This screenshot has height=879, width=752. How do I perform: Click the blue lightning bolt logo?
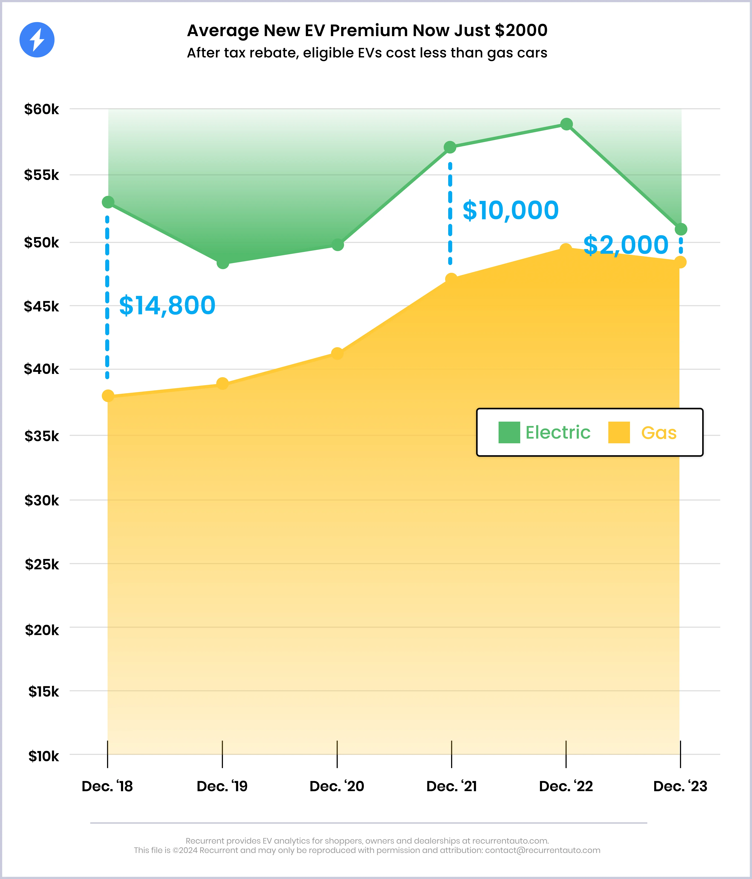[x=37, y=40]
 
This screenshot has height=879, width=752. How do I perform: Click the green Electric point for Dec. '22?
[x=566, y=124]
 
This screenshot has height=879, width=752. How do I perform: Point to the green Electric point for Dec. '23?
[x=681, y=229]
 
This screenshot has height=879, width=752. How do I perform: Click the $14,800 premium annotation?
[x=167, y=305]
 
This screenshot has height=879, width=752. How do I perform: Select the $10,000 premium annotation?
[x=510, y=210]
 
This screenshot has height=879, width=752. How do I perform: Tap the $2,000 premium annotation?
[x=626, y=245]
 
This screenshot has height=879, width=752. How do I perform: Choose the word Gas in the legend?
[x=659, y=433]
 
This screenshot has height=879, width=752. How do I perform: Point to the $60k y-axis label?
[x=42, y=109]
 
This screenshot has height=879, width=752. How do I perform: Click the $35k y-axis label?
[x=42, y=436]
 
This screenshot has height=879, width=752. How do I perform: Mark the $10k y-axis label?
[x=44, y=756]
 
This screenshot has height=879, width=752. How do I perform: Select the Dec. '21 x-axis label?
[x=451, y=787]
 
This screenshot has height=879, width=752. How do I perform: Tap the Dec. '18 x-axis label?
[x=107, y=787]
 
